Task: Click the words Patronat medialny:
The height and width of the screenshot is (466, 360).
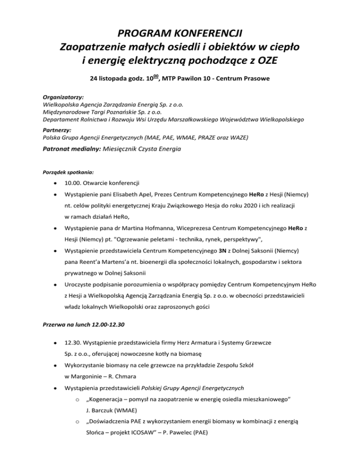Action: [x=72, y=149]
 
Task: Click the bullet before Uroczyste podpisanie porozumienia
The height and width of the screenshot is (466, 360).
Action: [x=56, y=284]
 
